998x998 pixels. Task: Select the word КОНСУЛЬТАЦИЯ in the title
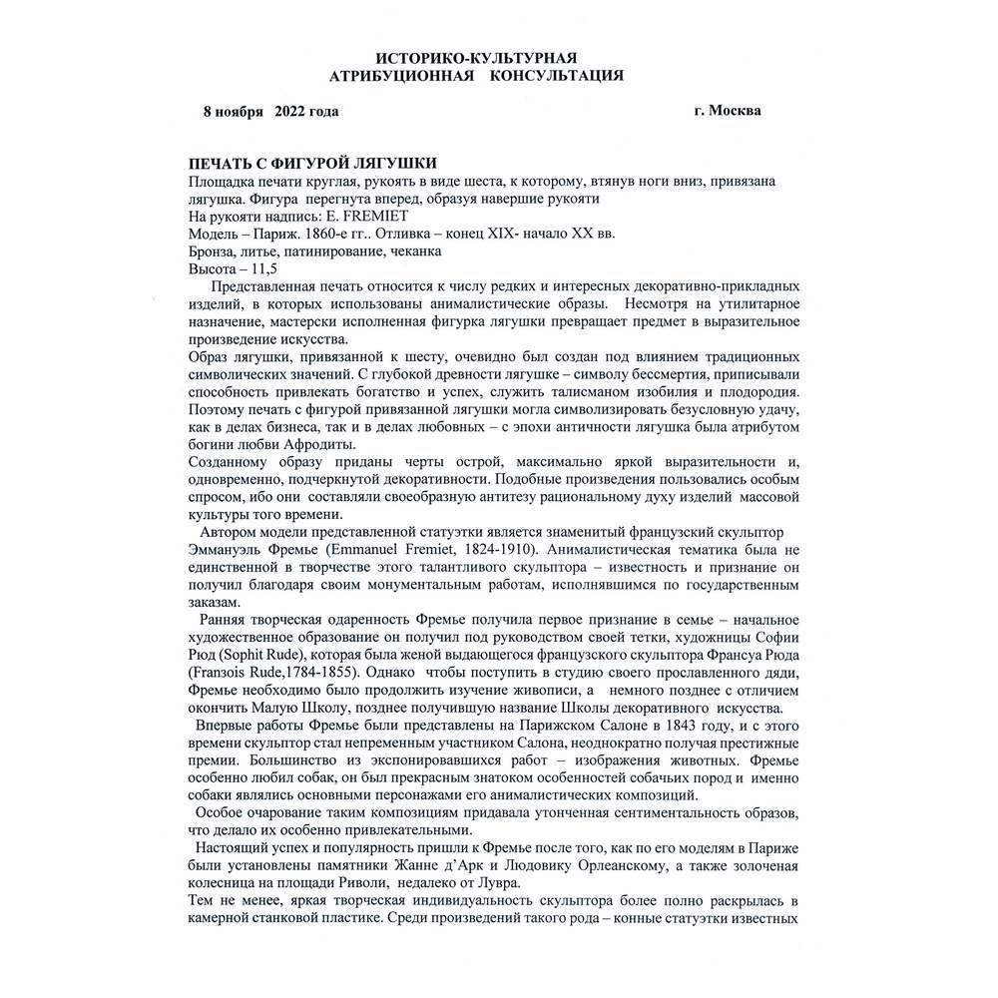tap(558, 75)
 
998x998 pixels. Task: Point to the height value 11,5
tap(262, 269)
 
